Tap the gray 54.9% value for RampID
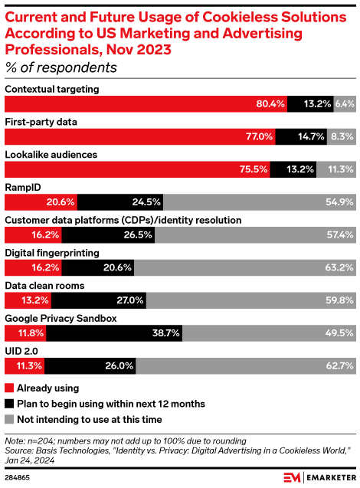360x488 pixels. (339, 202)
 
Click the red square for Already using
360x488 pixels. (9, 387)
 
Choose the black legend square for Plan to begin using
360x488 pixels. (9, 403)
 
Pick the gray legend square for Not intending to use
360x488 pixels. (9, 419)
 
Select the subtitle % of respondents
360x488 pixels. (61, 67)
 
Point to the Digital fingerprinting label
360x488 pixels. (52, 253)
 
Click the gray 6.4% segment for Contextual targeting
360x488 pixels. (344, 103)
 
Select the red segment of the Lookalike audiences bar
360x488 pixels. (138, 169)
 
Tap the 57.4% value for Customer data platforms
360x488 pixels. (339, 235)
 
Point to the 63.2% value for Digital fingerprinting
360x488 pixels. (339, 268)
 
